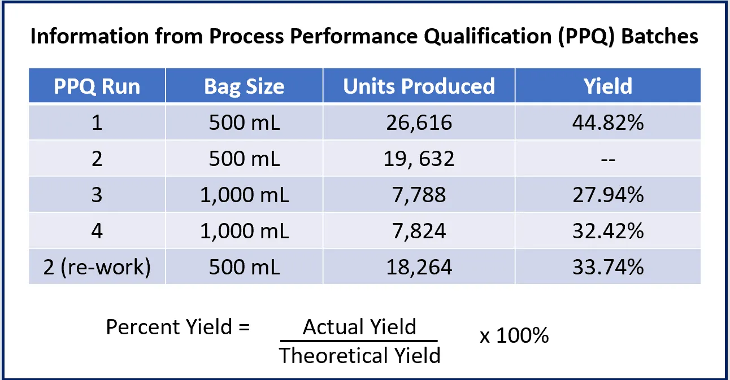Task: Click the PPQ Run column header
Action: click(x=97, y=86)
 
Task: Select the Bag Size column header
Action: click(x=244, y=86)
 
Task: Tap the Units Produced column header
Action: click(x=419, y=86)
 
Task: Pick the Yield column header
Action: click(x=608, y=86)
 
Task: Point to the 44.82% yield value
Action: click(x=608, y=123)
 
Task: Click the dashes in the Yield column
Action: click(x=608, y=159)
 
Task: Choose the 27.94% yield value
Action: click(x=608, y=195)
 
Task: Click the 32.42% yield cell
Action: click(x=608, y=230)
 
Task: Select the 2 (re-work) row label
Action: click(x=97, y=267)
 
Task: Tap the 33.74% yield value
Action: click(x=608, y=267)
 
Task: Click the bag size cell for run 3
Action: click(x=244, y=195)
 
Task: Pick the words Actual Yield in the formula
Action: click(x=359, y=327)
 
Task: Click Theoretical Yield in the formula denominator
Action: click(x=359, y=355)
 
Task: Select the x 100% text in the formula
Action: click(x=514, y=336)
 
